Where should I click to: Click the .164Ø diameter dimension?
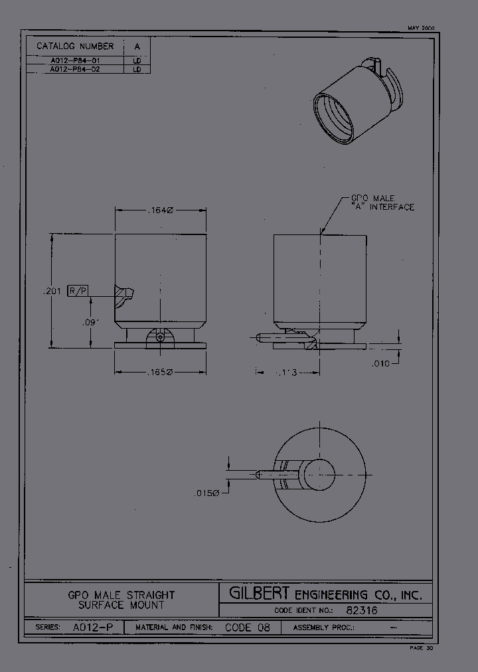pos(160,210)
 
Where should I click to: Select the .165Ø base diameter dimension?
pos(160,373)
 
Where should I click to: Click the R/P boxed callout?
pos(78,291)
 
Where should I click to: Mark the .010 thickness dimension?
pos(380,363)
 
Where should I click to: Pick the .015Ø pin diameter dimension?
pos(206,493)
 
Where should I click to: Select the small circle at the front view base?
pos(161,337)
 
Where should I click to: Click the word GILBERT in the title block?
pos(260,594)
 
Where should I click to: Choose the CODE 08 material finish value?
pos(247,628)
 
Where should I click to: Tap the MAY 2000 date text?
pos(420,29)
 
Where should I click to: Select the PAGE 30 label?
pos(421,647)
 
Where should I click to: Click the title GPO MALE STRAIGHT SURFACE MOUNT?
pos(121,600)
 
